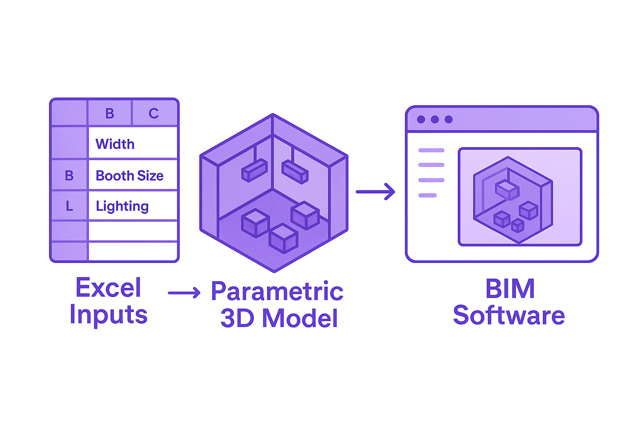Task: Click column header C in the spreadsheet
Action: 154,113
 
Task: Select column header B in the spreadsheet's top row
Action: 110,113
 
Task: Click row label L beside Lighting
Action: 69,206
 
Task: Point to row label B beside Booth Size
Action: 69,176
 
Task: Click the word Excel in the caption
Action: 108,287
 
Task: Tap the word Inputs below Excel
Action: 108,315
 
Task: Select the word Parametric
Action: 277,291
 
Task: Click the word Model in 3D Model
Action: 300,318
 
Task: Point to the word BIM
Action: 510,288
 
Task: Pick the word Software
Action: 509,315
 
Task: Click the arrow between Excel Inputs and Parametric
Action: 184,293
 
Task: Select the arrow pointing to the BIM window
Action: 375,191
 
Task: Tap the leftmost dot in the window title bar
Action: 421,119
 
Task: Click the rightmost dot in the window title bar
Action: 449,119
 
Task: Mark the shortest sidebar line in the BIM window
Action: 427,195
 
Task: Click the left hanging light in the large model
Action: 254,170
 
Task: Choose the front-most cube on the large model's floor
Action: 283,238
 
